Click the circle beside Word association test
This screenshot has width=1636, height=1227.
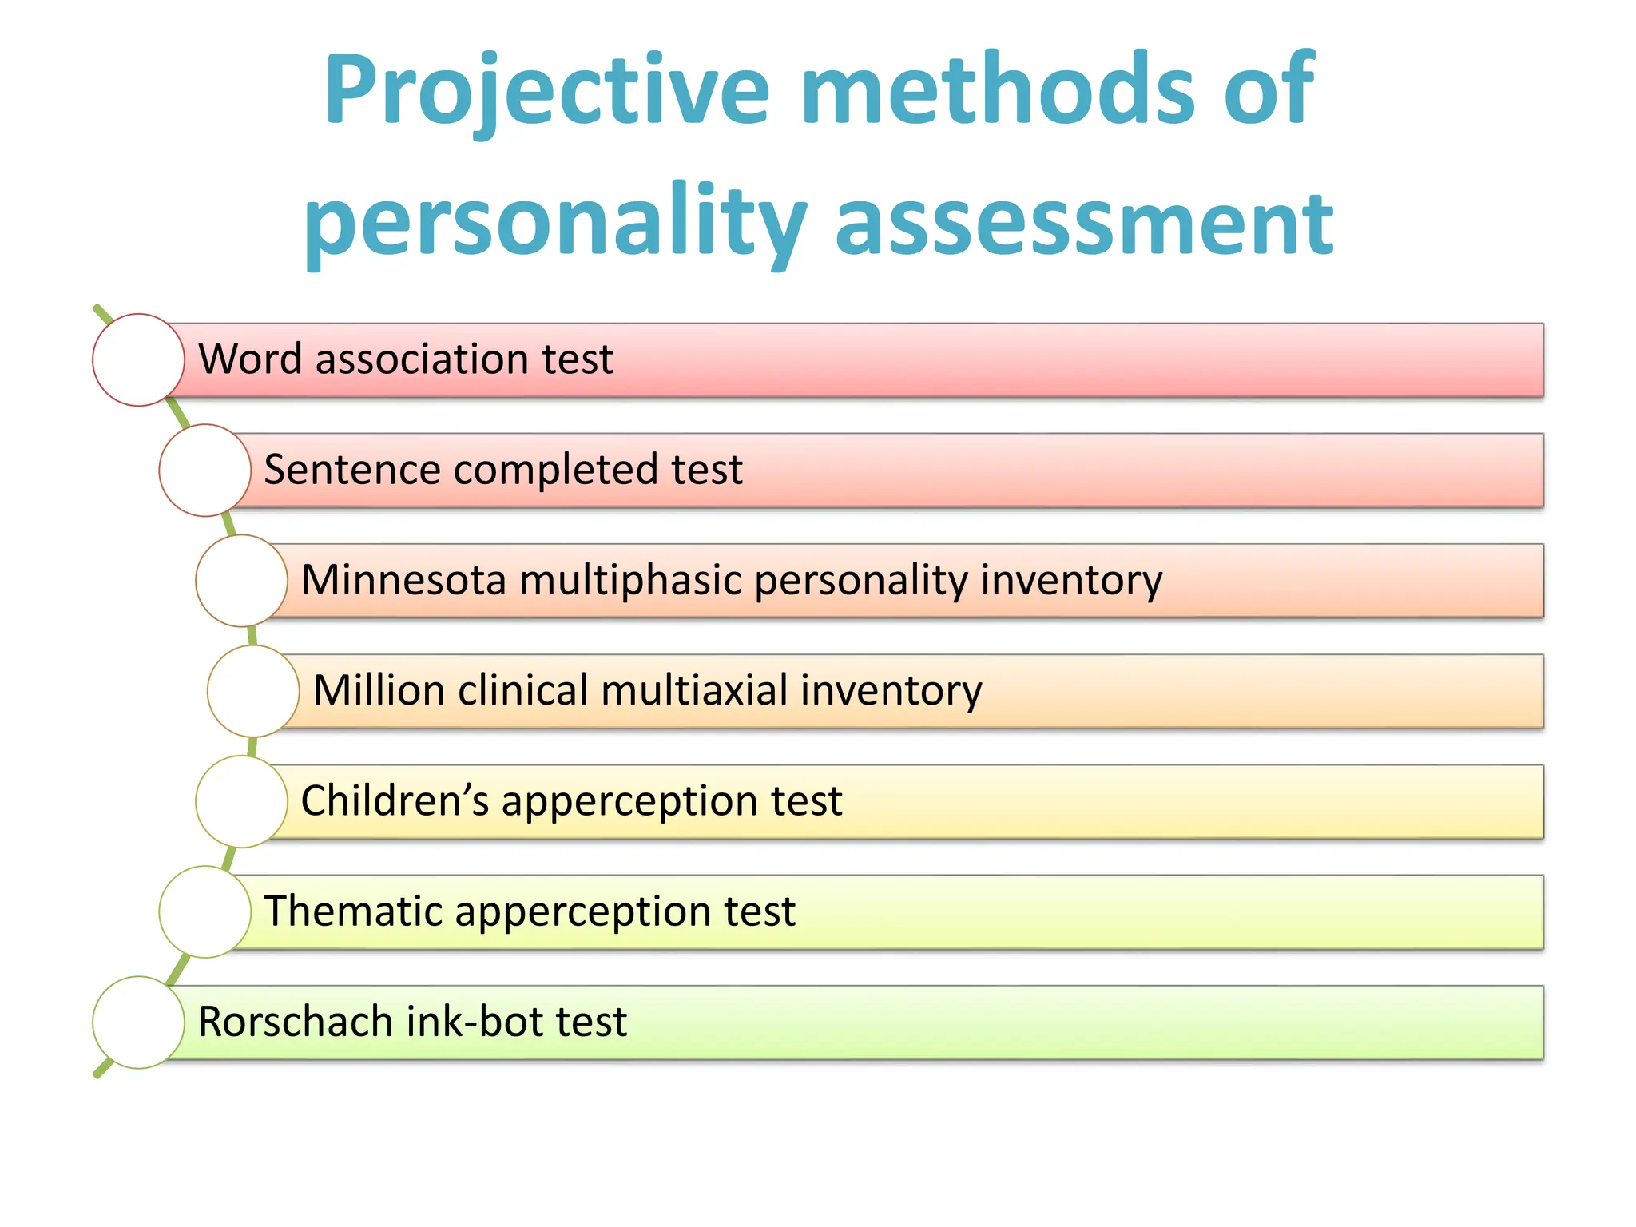pyautogui.click(x=138, y=359)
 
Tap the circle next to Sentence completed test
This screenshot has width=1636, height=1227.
pyautogui.click(x=204, y=470)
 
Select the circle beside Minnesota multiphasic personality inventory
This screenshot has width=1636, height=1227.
pyautogui.click(x=241, y=581)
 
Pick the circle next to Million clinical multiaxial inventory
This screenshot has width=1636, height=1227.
pyautogui.click(x=253, y=691)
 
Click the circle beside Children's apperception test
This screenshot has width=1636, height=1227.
pyautogui.click(x=241, y=801)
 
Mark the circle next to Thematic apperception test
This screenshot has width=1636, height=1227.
pyautogui.click(x=204, y=911)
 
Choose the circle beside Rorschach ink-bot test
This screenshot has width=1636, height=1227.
pyautogui.click(x=138, y=1022)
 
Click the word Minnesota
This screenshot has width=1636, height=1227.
pyautogui.click(x=403, y=580)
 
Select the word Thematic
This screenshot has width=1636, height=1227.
pyautogui.click(x=351, y=911)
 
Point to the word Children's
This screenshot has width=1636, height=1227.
pyautogui.click(x=395, y=800)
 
